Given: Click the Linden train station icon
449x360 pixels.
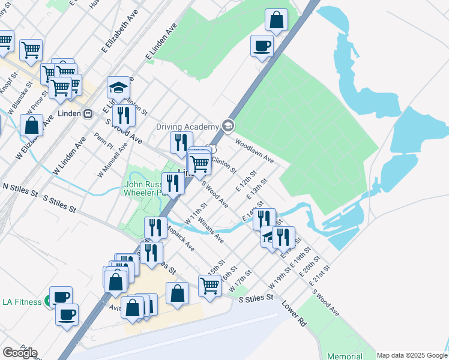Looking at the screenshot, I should [88, 113].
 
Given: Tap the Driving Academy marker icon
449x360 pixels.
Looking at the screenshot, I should [228, 126].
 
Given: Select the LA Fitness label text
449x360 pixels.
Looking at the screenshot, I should [22, 301].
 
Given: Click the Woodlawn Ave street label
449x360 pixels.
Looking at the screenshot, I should [255, 152].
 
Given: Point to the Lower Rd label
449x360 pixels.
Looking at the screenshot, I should [295, 314].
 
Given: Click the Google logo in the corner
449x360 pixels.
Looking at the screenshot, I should [20, 353].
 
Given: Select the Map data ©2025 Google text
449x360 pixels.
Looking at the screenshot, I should [411, 355].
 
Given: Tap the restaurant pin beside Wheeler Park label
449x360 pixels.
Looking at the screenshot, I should [173, 183].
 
